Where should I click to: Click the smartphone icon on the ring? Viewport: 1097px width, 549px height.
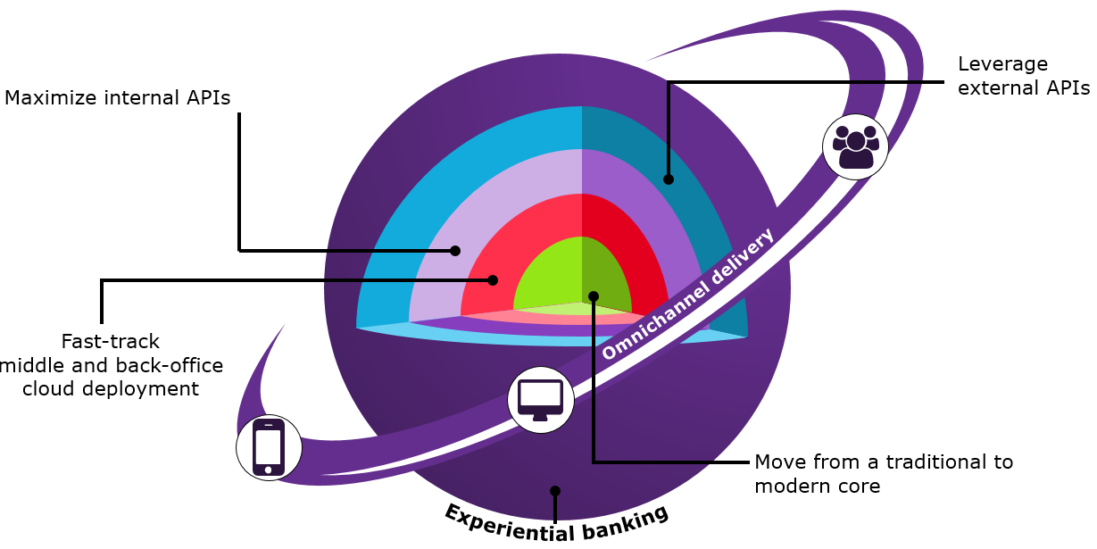pyautogui.click(x=269, y=446)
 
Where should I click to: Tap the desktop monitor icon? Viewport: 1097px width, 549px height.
pyautogui.click(x=540, y=399)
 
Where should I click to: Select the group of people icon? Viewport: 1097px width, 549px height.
pyautogui.click(x=855, y=146)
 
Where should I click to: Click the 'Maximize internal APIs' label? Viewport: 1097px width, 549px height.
pyautogui.click(x=118, y=98)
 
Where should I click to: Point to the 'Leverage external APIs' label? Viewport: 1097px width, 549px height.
pyautogui.click(x=1023, y=77)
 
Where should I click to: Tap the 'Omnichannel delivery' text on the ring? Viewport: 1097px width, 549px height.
pyautogui.click(x=688, y=295)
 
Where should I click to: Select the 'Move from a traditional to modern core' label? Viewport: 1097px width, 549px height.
pyautogui.click(x=884, y=474)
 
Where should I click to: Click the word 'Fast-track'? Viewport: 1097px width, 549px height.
pyautogui.click(x=111, y=341)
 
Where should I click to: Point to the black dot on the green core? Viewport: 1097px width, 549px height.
pyautogui.click(x=594, y=295)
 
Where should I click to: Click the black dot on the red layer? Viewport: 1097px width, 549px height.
pyautogui.click(x=493, y=279)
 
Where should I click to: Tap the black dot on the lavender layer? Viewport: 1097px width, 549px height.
pyautogui.click(x=455, y=251)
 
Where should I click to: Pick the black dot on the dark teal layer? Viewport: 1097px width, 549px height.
pyautogui.click(x=669, y=179)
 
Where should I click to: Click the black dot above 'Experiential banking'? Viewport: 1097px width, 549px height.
pyautogui.click(x=555, y=491)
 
